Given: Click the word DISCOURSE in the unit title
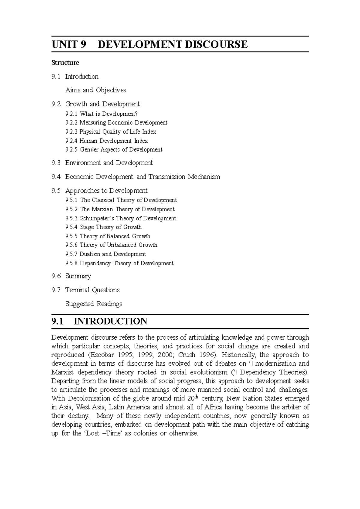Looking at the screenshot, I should pos(215,44).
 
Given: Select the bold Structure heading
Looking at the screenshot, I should pos(65,63).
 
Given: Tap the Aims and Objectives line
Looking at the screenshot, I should pos(96,90).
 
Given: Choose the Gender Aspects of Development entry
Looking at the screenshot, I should pos(121,150).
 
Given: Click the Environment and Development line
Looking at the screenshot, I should pos(109,163).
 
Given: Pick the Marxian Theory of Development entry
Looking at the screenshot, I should pos(127,209).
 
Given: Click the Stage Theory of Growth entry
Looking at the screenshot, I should pos(111,227).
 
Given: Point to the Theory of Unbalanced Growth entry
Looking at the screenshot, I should pos(118,245).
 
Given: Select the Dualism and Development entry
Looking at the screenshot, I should pos(112,254).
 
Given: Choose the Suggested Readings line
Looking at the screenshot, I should pos(94,304).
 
